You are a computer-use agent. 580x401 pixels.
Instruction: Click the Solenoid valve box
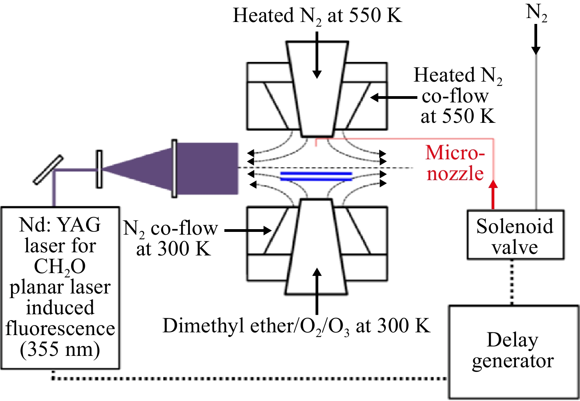tap(516, 235)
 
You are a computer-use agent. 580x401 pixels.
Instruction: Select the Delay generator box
tap(514, 352)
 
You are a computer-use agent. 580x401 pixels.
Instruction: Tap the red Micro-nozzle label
tap(455, 163)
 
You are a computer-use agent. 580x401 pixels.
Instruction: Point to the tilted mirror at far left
tap(48, 170)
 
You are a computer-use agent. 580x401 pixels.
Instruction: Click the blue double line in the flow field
tap(316, 176)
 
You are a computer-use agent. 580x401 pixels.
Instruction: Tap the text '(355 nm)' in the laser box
tap(60, 349)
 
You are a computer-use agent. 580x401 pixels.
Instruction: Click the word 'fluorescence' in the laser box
tap(60, 328)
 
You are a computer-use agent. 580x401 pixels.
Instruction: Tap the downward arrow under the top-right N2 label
tap(536, 39)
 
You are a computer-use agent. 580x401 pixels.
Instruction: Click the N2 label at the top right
tap(536, 13)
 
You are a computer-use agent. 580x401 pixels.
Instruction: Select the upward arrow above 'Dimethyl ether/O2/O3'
tap(316, 291)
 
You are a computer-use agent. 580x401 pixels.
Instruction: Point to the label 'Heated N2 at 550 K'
tap(318, 16)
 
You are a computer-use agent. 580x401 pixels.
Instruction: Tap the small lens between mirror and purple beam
tap(99, 169)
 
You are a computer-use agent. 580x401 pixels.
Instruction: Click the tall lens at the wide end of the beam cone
tap(174, 169)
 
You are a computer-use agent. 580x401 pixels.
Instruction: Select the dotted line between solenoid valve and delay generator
tap(512, 283)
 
